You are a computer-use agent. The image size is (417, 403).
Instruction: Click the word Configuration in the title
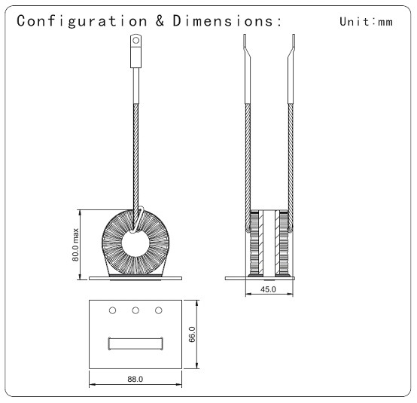click(x=82, y=21)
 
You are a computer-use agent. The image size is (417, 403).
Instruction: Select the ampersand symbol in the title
click(x=160, y=20)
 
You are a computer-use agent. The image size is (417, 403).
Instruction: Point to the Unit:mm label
click(x=366, y=22)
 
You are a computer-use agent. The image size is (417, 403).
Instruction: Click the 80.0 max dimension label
click(x=76, y=245)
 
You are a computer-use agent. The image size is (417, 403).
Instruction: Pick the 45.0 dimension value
click(x=268, y=289)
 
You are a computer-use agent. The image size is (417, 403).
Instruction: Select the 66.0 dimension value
click(x=192, y=334)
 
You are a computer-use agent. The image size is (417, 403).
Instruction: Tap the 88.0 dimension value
click(x=135, y=379)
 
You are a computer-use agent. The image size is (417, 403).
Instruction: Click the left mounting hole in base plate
click(x=112, y=310)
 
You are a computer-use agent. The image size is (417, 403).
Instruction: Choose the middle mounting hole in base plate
click(x=135, y=310)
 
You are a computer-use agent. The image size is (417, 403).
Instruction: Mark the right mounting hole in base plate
click(x=159, y=310)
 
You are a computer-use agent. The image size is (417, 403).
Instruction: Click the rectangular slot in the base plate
click(x=135, y=343)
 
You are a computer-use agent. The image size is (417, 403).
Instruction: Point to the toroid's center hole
click(x=135, y=243)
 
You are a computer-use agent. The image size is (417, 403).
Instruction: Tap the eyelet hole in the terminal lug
click(x=136, y=41)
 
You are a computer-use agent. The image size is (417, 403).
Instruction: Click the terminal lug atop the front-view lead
click(x=135, y=50)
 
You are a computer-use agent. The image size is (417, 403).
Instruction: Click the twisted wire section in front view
click(x=135, y=165)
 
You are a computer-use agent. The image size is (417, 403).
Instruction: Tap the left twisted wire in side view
click(x=248, y=165)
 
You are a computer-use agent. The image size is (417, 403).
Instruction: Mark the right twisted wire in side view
click(x=291, y=165)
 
